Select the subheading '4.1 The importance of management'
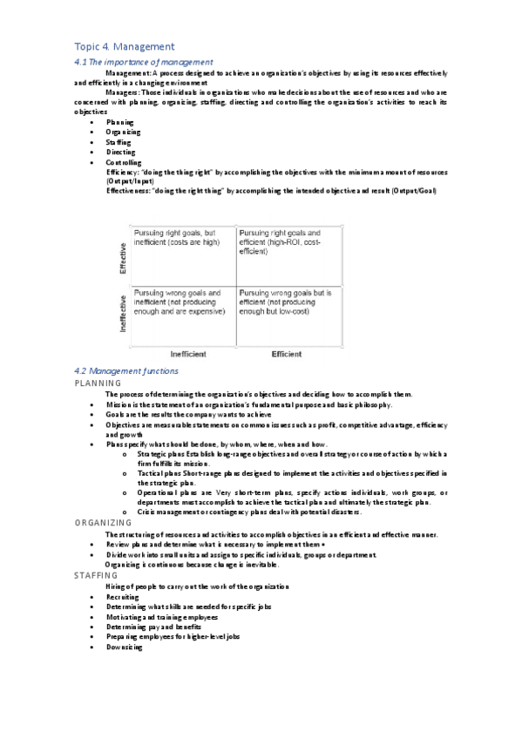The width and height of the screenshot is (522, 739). click(143, 62)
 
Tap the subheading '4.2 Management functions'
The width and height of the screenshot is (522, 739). click(127, 371)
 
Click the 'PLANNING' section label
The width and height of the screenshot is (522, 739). click(98, 383)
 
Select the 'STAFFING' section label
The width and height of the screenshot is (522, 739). click(98, 576)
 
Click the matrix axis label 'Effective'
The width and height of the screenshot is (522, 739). click(123, 259)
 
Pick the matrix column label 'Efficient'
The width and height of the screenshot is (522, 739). click(286, 355)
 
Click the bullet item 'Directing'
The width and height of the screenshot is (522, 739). click(121, 153)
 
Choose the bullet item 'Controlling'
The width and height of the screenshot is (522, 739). click(124, 163)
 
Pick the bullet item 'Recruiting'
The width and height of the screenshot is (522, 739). click(122, 597)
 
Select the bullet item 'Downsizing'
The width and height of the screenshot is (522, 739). click(124, 647)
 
